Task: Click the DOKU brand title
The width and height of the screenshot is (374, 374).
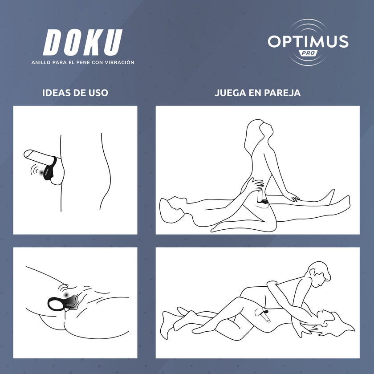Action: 83,42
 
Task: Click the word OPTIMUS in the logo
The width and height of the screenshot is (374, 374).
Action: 308,41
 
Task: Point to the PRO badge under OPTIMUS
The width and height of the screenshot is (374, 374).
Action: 308,53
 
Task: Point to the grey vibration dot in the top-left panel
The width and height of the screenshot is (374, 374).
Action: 41,172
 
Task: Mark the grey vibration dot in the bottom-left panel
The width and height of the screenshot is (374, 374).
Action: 66,295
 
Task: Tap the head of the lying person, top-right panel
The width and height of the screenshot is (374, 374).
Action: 173,210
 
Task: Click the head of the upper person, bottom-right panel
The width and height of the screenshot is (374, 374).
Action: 319,274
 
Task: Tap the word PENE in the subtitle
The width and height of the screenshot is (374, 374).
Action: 83,62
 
